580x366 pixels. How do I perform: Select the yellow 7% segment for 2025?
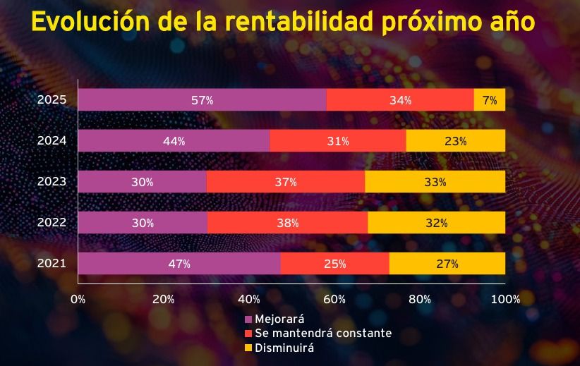click(490, 100)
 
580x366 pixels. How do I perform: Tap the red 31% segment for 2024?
click(338, 141)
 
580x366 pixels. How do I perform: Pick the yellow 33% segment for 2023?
click(435, 182)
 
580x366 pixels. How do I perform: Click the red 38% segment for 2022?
click(288, 223)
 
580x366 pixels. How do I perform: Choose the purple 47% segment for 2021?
click(179, 264)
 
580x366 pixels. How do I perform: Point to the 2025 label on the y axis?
click(52, 100)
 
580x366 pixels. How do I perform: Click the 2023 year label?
click(52, 182)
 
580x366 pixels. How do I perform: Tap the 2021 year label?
click(52, 264)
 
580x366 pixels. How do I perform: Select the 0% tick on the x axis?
click(78, 299)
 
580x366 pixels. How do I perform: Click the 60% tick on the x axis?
click(334, 299)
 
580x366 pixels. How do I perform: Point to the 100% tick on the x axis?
click(505, 299)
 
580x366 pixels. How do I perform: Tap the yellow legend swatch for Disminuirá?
click(248, 348)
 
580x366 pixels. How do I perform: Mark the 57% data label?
click(202, 100)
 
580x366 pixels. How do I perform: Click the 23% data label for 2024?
click(455, 141)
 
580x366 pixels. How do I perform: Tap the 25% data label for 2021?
click(334, 264)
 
